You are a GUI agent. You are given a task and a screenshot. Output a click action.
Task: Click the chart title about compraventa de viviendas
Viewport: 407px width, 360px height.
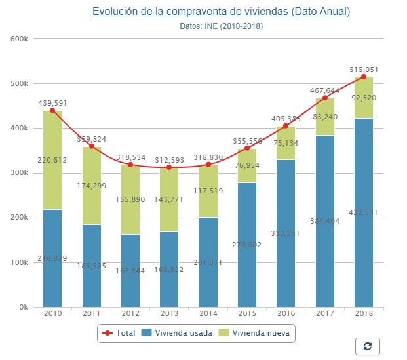click(x=221, y=12)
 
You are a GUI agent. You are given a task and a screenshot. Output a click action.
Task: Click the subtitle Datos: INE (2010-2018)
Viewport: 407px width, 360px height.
click(x=221, y=26)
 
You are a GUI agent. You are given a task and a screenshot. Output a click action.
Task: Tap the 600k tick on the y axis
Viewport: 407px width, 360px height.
click(x=20, y=39)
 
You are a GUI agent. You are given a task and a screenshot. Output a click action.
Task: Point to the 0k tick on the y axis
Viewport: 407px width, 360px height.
click(x=22, y=307)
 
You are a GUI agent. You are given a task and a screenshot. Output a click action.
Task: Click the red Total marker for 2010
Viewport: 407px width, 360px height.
click(x=52, y=110)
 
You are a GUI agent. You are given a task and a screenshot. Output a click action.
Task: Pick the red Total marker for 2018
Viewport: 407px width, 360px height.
click(x=363, y=77)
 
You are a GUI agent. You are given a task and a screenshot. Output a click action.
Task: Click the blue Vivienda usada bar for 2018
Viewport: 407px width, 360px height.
click(x=363, y=236)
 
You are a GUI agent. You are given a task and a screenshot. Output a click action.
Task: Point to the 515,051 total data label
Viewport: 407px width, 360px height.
click(x=364, y=69)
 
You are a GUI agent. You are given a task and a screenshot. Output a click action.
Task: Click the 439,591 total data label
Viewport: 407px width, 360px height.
click(x=52, y=102)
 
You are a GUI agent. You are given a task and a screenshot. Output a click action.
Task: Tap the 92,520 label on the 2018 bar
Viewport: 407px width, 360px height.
click(x=364, y=97)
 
